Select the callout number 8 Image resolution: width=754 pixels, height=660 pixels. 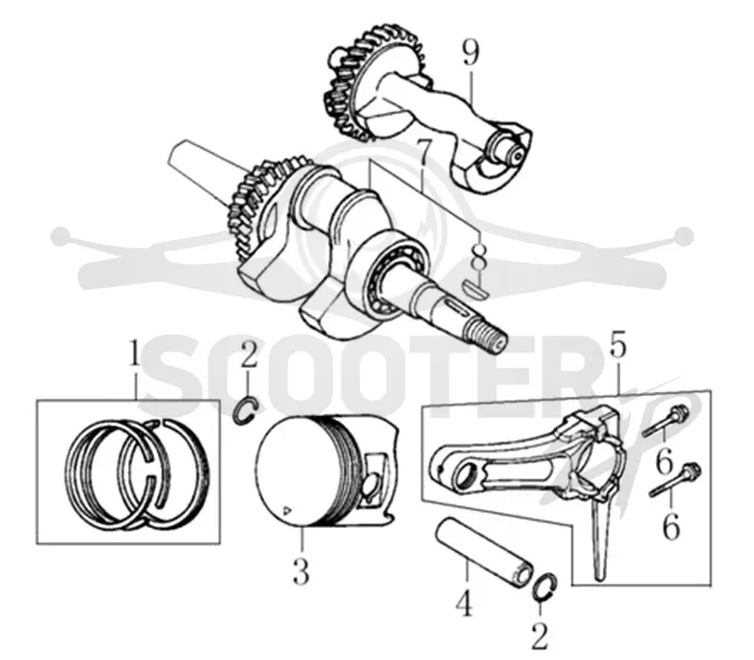479,257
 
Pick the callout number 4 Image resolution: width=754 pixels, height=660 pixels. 465,602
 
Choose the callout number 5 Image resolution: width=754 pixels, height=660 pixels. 618,344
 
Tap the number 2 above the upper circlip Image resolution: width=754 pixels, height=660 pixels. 248,354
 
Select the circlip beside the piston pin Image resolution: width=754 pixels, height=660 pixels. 546,586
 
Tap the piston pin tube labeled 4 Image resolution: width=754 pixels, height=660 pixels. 484,553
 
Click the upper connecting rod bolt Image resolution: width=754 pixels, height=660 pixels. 667,421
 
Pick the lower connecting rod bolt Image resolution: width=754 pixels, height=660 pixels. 675,480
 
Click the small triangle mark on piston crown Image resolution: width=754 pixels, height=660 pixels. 287,509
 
